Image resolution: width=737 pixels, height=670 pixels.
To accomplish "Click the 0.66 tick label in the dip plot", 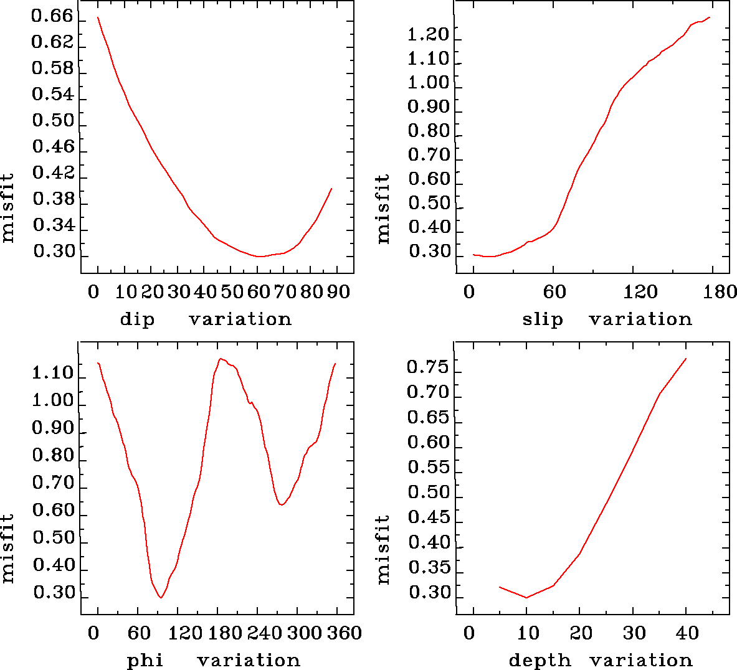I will coord(53,16).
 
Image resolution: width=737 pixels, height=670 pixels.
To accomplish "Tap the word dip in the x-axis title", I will coord(137,319).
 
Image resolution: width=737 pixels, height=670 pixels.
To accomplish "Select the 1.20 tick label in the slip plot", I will coord(429,35).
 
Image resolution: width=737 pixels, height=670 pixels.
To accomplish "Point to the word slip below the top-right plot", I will coord(543,319).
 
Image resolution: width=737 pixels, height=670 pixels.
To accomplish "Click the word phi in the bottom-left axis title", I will coord(145,661).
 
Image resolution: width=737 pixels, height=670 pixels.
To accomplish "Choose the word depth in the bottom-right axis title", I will coord(540,661).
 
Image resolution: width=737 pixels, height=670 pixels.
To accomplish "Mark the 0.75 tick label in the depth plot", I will coord(428,367).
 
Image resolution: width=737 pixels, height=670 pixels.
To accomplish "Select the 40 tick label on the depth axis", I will coord(687,634).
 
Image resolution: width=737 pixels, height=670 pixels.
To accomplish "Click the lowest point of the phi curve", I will coord(161,598).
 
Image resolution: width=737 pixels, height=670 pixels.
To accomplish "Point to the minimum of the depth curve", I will coord(526,598).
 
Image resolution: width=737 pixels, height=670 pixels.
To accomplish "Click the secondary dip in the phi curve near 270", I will coord(282,505).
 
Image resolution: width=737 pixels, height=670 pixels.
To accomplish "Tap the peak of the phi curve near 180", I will coord(221,359).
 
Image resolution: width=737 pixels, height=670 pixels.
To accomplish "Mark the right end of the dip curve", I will coord(331,188).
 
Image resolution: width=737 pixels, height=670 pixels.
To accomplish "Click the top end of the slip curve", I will coord(710,17).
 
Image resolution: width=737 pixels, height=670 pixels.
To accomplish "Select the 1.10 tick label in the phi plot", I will coord(53,374).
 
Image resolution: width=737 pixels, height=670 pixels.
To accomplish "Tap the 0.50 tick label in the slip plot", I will coord(429,203).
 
